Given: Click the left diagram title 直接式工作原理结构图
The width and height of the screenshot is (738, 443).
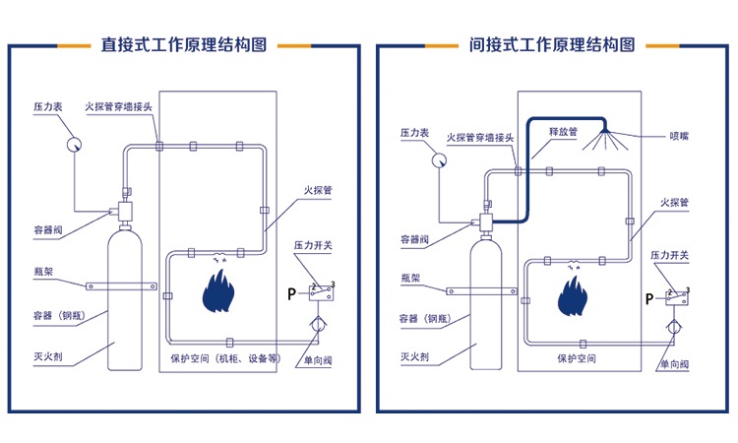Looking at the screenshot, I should [x=184, y=44].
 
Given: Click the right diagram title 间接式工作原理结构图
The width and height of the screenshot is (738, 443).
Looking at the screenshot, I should [x=553, y=44].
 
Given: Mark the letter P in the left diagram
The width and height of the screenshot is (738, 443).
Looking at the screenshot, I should [x=291, y=293].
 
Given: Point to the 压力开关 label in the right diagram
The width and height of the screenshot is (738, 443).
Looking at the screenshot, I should [x=669, y=255].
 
